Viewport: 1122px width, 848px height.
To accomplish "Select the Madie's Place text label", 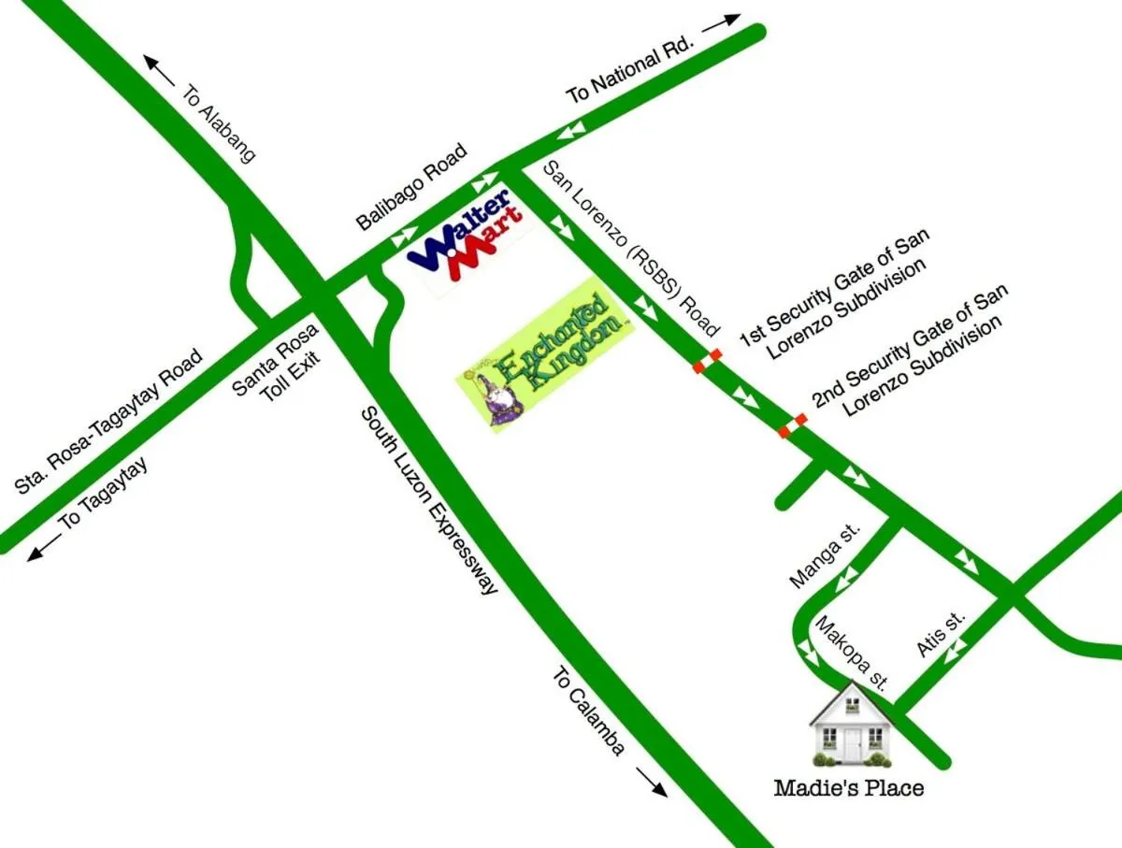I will pyautogui.click(x=848, y=788).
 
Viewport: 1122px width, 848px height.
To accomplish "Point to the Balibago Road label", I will pyautogui.click(x=411, y=189).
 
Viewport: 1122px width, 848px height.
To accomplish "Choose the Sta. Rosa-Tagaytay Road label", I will pyautogui.click(x=109, y=422).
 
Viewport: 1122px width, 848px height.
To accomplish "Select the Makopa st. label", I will pyautogui.click(x=850, y=652).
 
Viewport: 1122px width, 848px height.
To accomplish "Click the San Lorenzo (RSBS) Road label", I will pyautogui.click(x=632, y=248).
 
